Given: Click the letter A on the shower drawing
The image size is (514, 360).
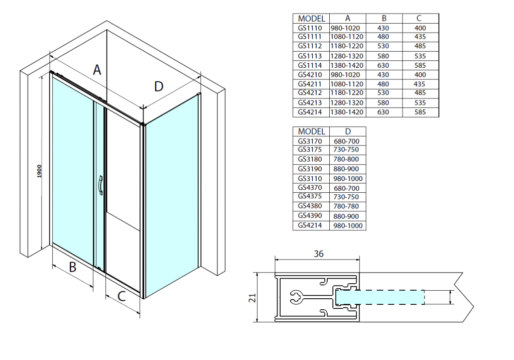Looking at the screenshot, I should tap(97, 70).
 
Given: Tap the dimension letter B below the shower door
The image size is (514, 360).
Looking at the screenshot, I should tap(72, 268).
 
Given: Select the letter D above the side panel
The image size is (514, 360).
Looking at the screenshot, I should tap(159, 87).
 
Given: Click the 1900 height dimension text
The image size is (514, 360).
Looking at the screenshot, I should tap(40, 171).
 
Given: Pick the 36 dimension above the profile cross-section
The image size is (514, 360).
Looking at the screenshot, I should tap(318, 254).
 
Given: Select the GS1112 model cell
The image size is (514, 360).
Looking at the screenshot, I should tap(310, 46).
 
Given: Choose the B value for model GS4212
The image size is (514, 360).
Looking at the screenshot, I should tap(384, 93).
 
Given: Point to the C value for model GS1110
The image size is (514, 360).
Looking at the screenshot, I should tap(420, 28).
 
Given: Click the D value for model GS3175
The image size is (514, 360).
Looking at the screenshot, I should tap(346, 150).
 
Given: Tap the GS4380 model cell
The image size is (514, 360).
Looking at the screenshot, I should tap(310, 206).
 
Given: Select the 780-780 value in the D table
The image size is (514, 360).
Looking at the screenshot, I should tap(346, 206).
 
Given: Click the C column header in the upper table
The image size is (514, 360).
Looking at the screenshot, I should tap(420, 19).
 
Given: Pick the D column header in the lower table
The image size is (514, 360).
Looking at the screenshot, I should tap(346, 132).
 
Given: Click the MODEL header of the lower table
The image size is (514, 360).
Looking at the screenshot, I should tap(310, 132).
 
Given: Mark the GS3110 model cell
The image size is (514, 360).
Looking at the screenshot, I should tap(310, 178).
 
